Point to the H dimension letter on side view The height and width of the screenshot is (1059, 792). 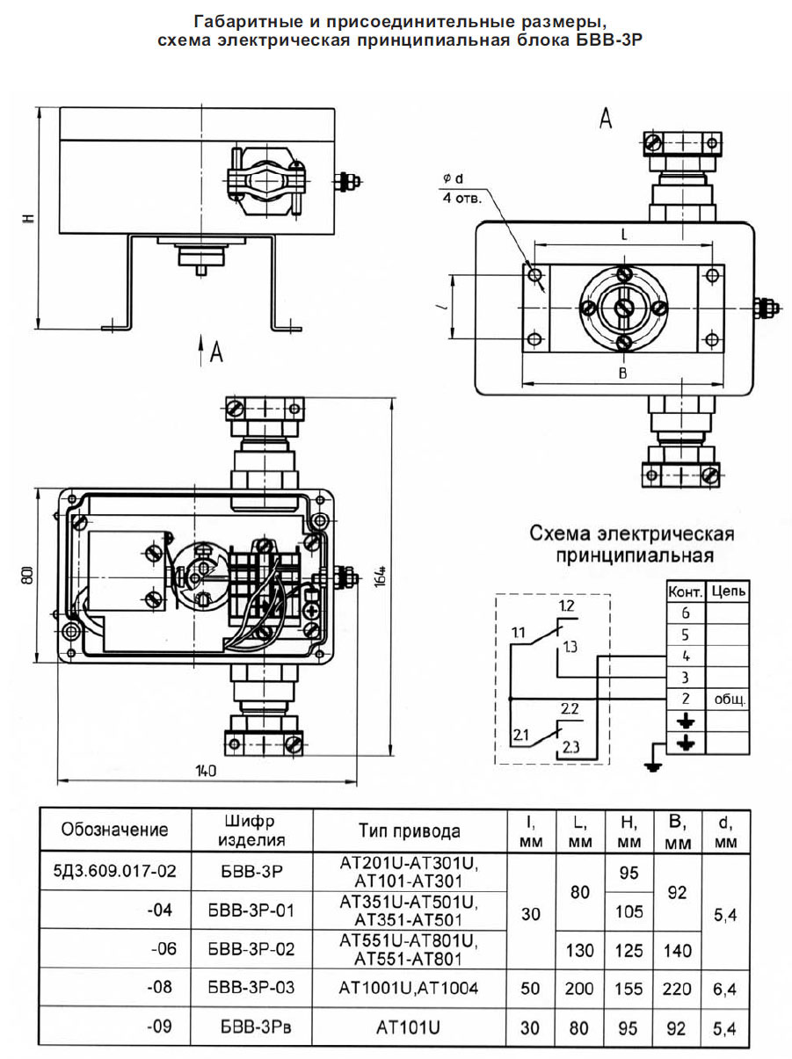click(x=28, y=218)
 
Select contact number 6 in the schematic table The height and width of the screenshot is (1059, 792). click(x=686, y=613)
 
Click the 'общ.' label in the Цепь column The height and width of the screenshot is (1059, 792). click(x=729, y=700)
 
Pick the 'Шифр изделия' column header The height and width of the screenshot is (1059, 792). click(x=251, y=831)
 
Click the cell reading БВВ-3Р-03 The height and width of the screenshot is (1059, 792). click(x=251, y=988)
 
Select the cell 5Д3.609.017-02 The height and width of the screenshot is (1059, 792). click(x=115, y=872)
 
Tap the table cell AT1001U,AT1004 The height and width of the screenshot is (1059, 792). click(x=408, y=988)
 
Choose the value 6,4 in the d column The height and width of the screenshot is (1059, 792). click(x=725, y=988)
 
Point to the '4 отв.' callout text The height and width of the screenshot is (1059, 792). click(x=461, y=199)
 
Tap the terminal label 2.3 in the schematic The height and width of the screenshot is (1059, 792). click(x=570, y=747)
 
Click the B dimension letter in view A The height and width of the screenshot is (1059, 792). click(x=621, y=374)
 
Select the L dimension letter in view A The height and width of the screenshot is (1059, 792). click(x=622, y=236)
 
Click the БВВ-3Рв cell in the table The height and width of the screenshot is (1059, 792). click(x=251, y=1026)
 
